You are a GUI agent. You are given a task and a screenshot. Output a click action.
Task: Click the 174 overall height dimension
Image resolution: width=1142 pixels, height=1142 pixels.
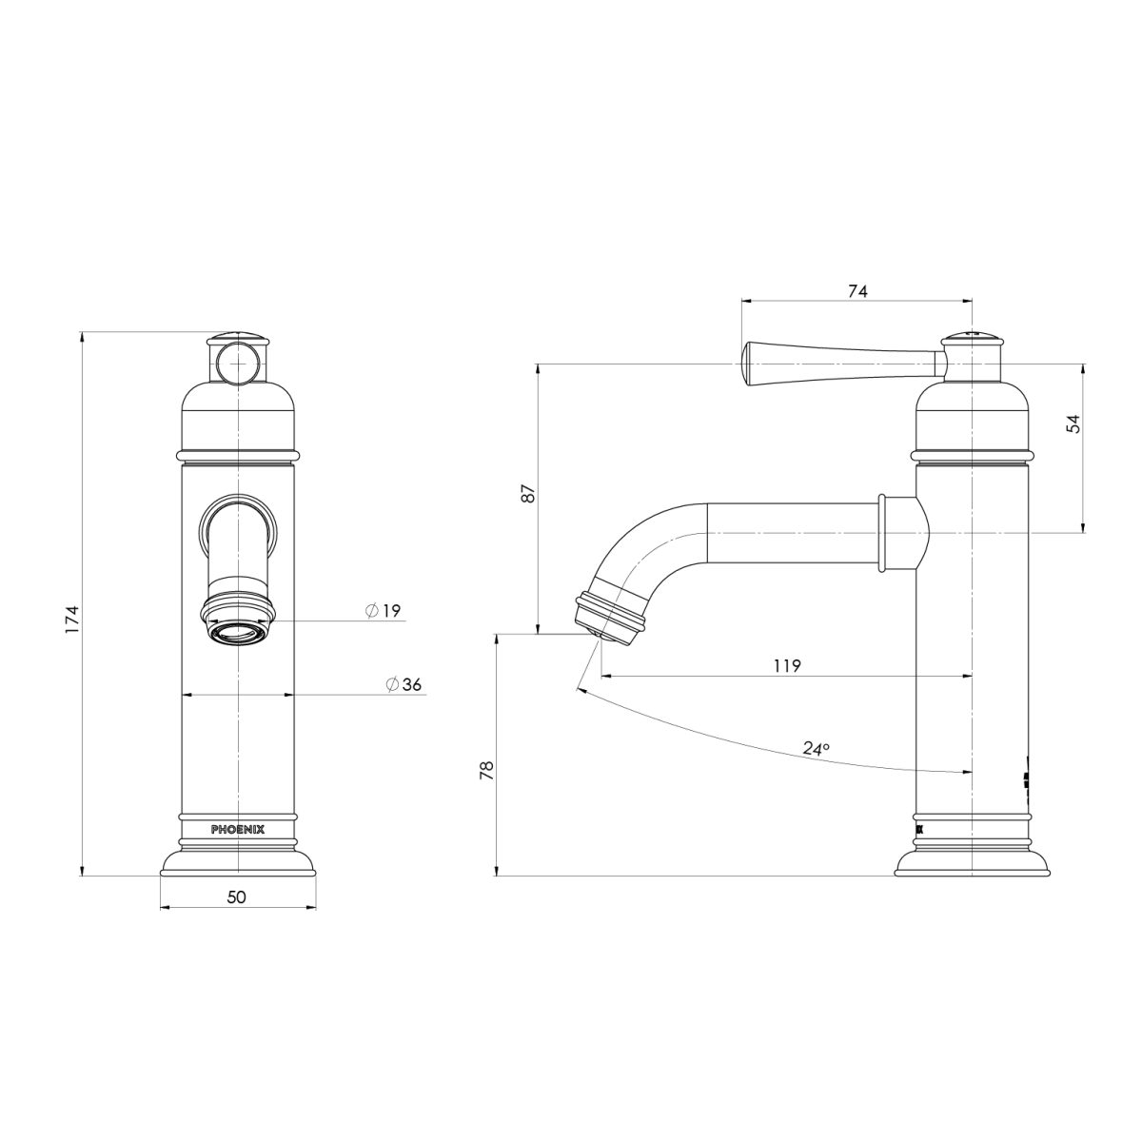pyautogui.click(x=70, y=620)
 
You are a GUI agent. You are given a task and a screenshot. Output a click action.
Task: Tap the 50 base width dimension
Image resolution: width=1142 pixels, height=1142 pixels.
pyautogui.click(x=237, y=896)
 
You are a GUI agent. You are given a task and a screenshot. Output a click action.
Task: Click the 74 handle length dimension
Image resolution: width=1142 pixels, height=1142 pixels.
pyautogui.click(x=856, y=292)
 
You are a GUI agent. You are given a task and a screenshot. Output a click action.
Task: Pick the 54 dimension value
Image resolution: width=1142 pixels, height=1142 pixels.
pyautogui.click(x=1073, y=424)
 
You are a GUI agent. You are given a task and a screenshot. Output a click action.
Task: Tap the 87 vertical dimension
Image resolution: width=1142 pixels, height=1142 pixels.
pyautogui.click(x=530, y=493)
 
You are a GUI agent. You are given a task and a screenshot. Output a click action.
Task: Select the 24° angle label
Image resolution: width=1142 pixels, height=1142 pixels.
pyautogui.click(x=815, y=749)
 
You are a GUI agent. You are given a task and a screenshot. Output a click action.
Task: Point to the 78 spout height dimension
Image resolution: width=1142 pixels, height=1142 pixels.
pyautogui.click(x=485, y=769)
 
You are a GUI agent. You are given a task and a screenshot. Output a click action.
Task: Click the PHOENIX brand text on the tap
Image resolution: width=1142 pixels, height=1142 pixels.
pyautogui.click(x=238, y=829)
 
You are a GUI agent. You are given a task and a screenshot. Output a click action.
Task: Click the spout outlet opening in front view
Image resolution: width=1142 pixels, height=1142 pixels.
pyautogui.click(x=237, y=632)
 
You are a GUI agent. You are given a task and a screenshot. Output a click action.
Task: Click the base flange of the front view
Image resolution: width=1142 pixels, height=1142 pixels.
pyautogui.click(x=237, y=862)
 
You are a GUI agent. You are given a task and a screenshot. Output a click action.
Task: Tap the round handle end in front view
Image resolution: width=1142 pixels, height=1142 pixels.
pyautogui.click(x=237, y=363)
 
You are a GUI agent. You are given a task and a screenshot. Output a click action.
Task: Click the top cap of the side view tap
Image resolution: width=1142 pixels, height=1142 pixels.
pyautogui.click(x=972, y=339)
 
